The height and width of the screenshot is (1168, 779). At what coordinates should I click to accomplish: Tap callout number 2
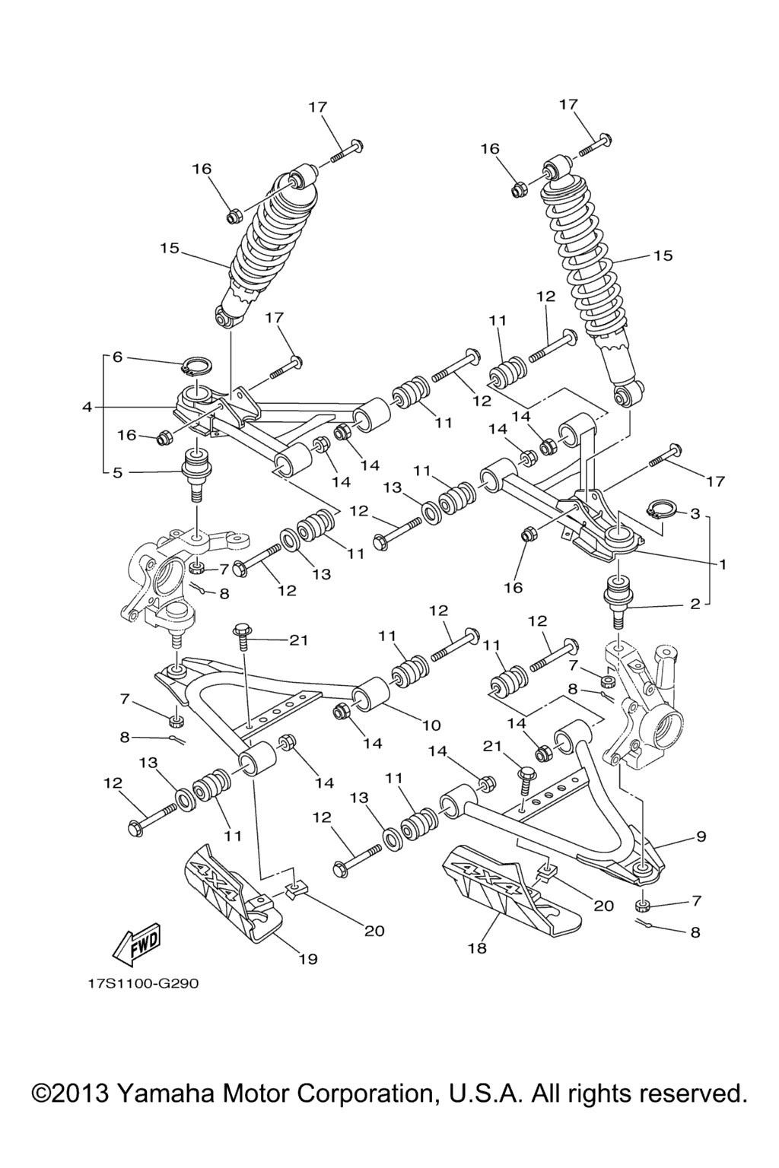695,605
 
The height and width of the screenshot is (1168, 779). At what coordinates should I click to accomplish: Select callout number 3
695,513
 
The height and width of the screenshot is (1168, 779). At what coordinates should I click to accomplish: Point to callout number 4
87,408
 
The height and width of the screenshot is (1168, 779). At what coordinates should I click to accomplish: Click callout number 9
700,836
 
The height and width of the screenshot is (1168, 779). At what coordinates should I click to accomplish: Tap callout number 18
477,948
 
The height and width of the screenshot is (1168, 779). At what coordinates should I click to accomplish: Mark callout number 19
307,958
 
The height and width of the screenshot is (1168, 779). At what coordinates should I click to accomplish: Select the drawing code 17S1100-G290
142,983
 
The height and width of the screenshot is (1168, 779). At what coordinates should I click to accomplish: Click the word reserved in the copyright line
692,1093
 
